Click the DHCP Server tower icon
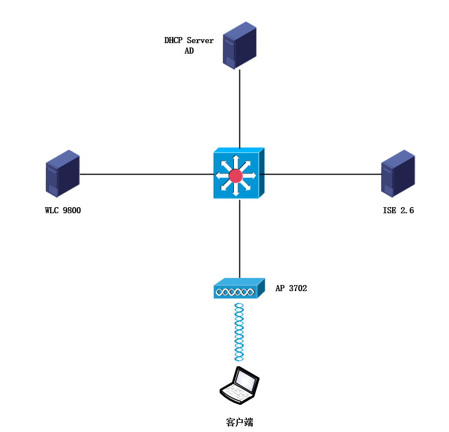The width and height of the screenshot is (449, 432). (x=240, y=45)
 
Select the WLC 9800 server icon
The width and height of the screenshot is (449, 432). (x=62, y=173)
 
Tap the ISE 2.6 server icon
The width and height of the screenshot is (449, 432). (x=398, y=173)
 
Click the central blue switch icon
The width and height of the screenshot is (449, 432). (x=239, y=174)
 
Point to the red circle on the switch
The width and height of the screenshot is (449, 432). (x=236, y=176)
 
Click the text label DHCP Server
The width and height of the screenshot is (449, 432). (x=189, y=40)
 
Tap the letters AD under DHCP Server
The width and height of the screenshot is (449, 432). (x=189, y=51)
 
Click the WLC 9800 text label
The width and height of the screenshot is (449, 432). (x=63, y=210)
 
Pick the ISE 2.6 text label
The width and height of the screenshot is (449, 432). (x=398, y=210)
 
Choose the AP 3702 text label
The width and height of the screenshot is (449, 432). (x=291, y=288)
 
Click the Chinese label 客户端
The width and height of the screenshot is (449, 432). (x=239, y=422)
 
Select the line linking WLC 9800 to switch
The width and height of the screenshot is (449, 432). (x=146, y=174)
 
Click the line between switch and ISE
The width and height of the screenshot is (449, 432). (x=323, y=174)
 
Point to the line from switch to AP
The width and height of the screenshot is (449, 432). (x=240, y=240)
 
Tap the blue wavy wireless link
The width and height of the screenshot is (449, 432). (x=239, y=331)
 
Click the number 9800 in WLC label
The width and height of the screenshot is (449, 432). (x=72, y=210)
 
